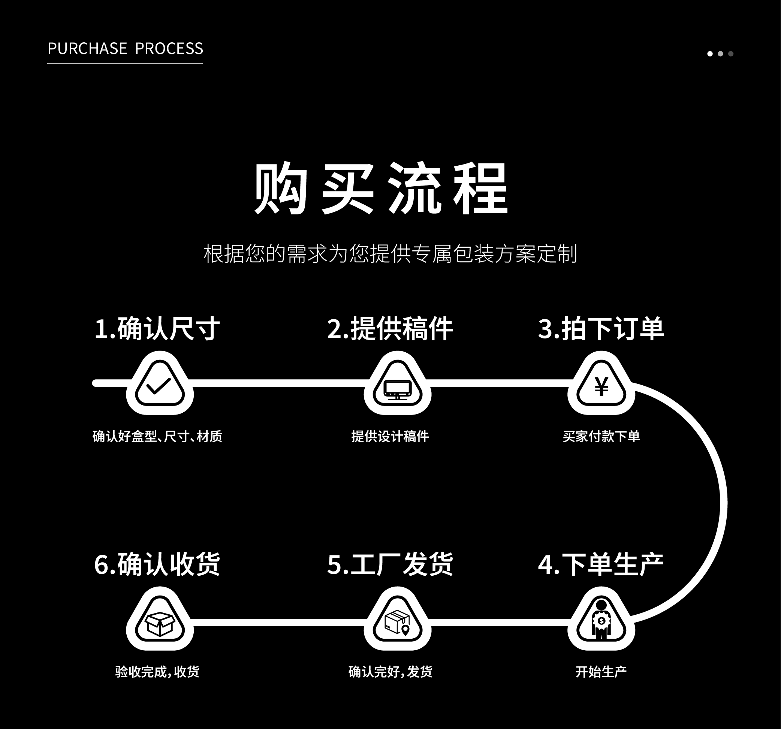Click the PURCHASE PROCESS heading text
coord(125,49)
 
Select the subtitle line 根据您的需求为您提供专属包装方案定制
coord(390,253)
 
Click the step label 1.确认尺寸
coord(157,329)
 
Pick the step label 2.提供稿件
coord(390,329)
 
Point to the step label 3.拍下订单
coord(601,329)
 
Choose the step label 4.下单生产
coord(601,564)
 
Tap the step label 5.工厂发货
coord(390,564)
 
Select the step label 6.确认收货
coord(157,564)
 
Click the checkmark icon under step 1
coord(159,386)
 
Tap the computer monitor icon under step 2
coord(397,389)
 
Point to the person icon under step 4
coord(601,620)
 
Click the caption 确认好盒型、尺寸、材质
coord(157,436)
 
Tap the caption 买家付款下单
coord(601,436)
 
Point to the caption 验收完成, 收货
coord(157,672)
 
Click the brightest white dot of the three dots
coord(710,54)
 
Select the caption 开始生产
coord(601,672)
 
